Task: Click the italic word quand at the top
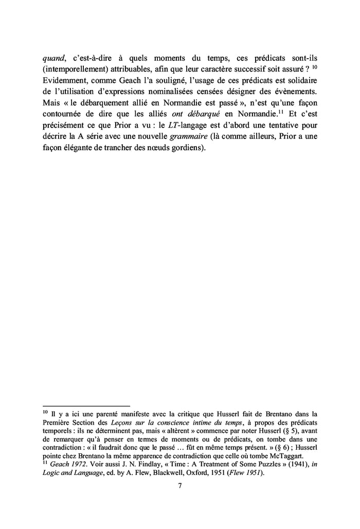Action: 54,58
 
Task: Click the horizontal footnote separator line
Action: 86,406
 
